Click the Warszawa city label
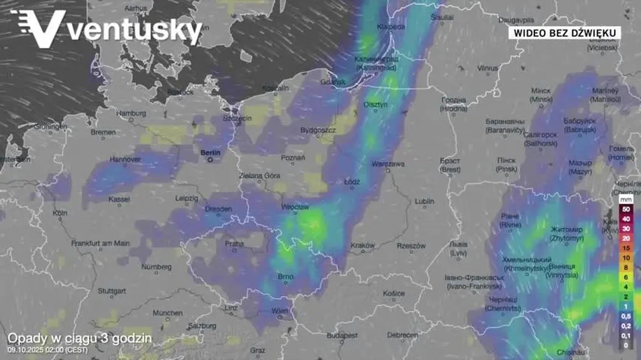(389, 164)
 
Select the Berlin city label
(211, 152)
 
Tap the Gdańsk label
(332, 81)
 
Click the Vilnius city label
(488, 68)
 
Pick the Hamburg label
(131, 113)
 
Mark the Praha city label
(234, 244)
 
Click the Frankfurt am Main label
(100, 243)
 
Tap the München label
(167, 312)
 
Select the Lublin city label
(424, 202)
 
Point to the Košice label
(394, 293)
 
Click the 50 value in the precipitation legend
(625, 208)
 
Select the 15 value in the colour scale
(625, 248)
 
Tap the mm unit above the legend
(625, 200)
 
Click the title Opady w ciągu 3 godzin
(79, 338)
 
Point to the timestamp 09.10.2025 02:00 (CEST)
(48, 349)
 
